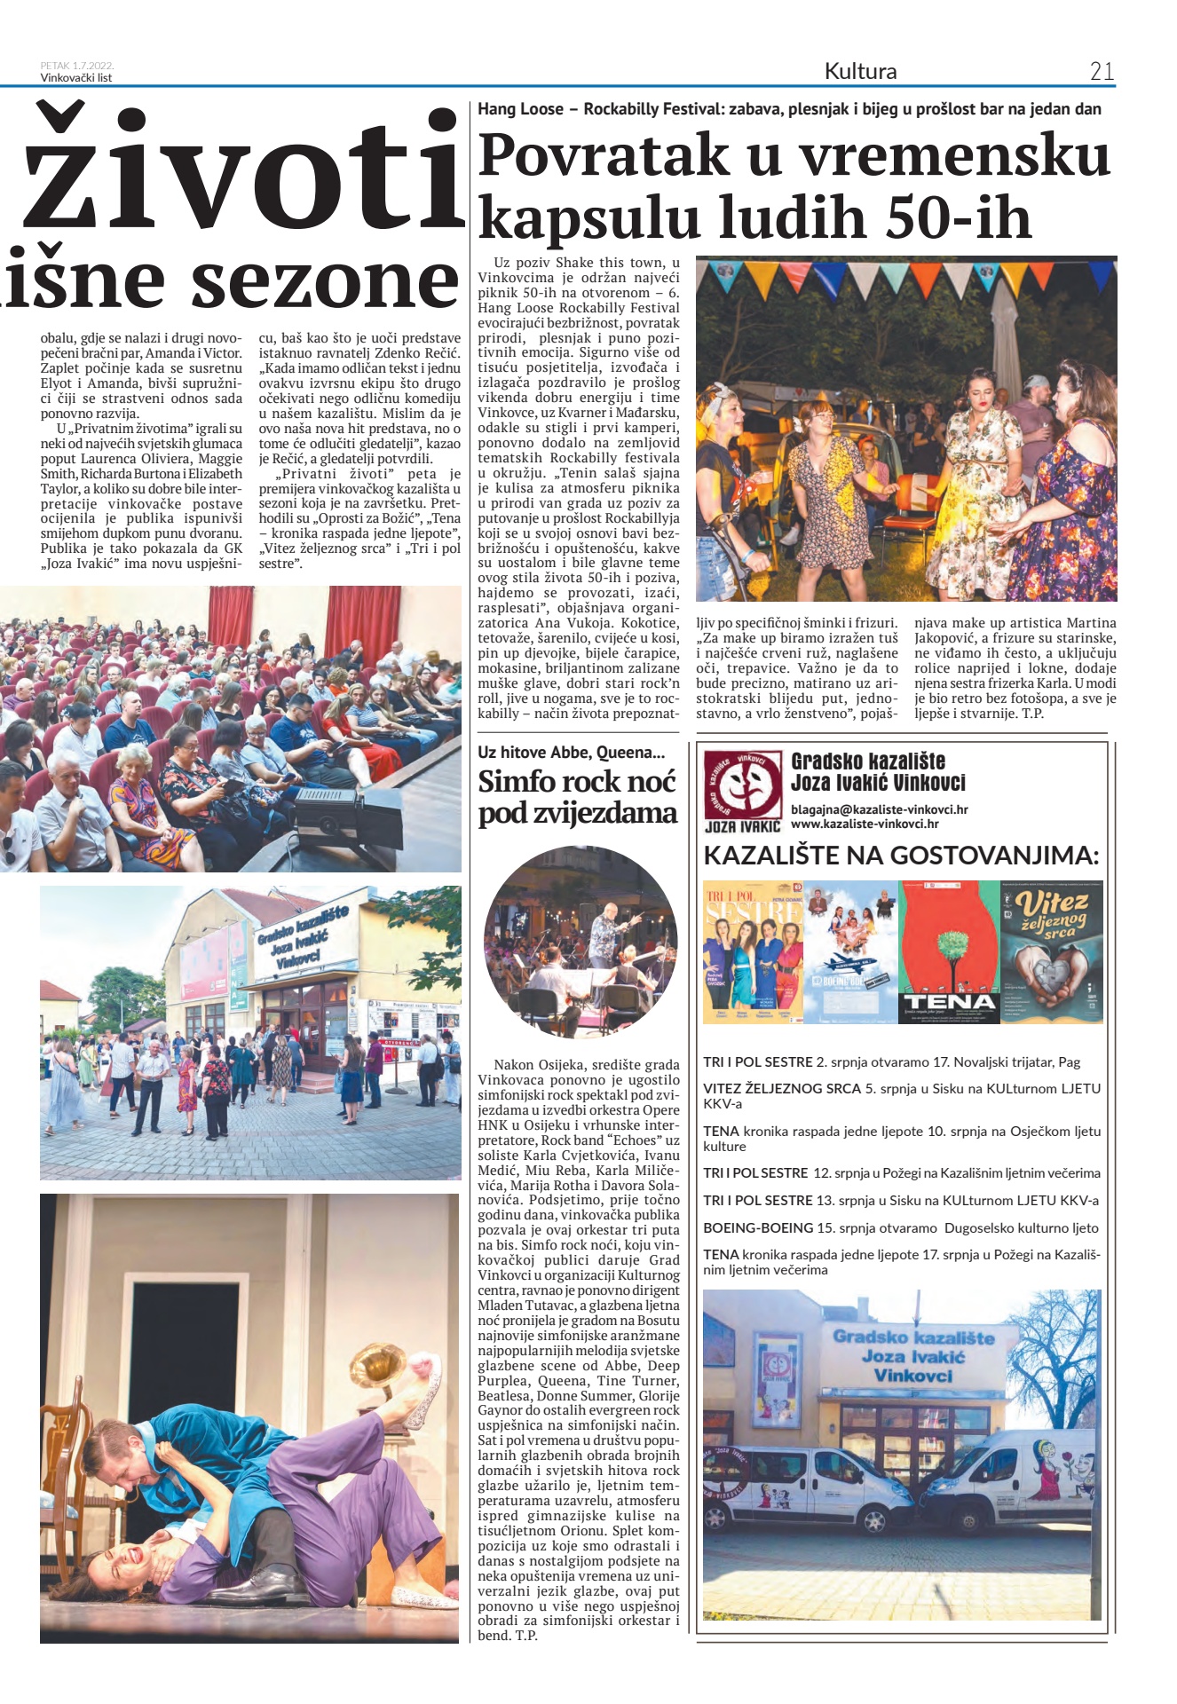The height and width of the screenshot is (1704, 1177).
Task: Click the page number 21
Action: [1101, 71]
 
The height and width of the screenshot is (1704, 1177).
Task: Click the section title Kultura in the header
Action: [860, 71]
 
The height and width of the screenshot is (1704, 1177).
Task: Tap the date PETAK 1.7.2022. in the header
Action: [77, 66]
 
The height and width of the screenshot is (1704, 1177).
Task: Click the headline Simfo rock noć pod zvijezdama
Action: [577, 797]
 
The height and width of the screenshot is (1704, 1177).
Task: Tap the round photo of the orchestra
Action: [581, 943]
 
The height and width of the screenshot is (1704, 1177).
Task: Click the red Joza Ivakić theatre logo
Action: [741, 785]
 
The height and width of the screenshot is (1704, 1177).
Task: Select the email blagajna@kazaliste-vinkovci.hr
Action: [879, 809]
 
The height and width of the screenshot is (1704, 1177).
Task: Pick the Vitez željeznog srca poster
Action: [1051, 951]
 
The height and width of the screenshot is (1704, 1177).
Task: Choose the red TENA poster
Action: [950, 951]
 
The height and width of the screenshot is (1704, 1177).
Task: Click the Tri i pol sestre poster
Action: [753, 951]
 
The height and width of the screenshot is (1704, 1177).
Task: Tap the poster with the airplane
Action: [851, 951]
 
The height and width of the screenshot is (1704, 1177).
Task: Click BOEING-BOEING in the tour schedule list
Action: [758, 1228]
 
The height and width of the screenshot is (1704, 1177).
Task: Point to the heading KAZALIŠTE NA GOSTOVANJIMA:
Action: [901, 856]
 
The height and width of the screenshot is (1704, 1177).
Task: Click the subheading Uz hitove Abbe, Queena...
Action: [571, 753]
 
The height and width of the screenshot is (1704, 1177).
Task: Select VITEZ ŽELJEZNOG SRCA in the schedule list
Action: [782, 1088]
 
